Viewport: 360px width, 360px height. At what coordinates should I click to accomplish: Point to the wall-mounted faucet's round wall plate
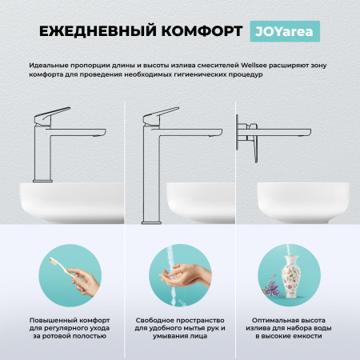238,128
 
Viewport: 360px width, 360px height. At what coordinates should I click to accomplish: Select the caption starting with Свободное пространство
179,328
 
